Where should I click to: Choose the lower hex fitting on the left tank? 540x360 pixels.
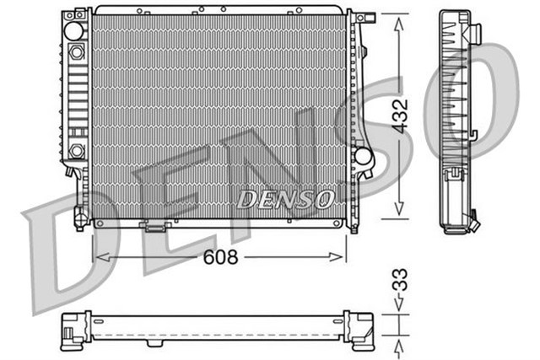pos(77,150)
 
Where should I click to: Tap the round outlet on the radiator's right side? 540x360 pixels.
pos(364,156)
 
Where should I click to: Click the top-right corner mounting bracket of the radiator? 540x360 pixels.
pos(360,17)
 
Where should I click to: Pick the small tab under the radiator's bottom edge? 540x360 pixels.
pos(154,225)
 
